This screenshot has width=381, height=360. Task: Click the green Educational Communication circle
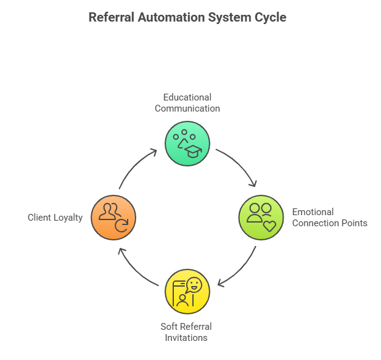187,144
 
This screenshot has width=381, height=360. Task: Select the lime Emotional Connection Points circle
261,218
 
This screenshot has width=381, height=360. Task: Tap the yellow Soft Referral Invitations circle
187,291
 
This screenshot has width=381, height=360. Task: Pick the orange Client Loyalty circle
113,218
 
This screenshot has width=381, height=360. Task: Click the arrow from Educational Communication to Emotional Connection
239,165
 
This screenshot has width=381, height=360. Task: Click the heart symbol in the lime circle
269,226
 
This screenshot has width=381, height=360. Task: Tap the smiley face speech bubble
194,285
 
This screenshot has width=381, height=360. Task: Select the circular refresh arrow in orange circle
121,226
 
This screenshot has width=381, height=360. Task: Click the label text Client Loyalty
55,218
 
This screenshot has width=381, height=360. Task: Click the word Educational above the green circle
187,97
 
